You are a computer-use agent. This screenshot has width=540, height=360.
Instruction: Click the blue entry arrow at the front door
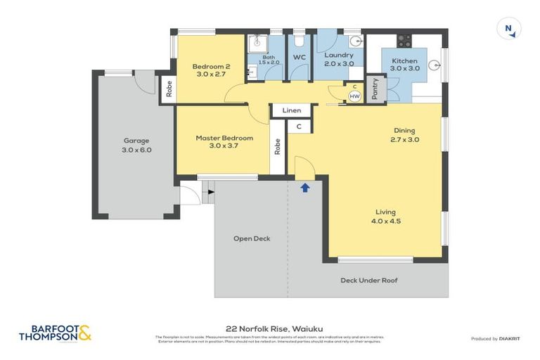pyautogui.click(x=304, y=188)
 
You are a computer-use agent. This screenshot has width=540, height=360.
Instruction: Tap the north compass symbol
pyautogui.click(x=508, y=29)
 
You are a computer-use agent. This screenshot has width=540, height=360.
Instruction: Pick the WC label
pyautogui.click(x=299, y=57)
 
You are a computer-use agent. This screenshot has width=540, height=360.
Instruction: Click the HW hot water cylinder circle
pyautogui.click(x=354, y=96)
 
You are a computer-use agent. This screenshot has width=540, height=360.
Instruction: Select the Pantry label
pyautogui.click(x=375, y=89)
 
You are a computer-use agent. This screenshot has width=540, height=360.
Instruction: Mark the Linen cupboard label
pyautogui.click(x=292, y=110)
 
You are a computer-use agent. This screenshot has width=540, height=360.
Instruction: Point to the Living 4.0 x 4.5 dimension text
pyautogui.click(x=385, y=221)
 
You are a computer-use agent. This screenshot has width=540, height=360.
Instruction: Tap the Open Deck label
pyautogui.click(x=252, y=238)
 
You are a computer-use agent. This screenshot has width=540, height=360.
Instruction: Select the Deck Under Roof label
pyautogui.click(x=369, y=280)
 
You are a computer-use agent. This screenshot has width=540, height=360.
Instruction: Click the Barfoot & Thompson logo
pyautogui.click(x=55, y=333)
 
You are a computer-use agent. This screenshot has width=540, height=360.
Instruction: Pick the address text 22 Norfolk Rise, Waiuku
pyautogui.click(x=269, y=328)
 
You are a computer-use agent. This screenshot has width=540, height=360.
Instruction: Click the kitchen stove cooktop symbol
pyautogui.click(x=404, y=40)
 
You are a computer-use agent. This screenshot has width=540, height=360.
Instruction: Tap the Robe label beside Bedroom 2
pyautogui.click(x=169, y=89)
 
